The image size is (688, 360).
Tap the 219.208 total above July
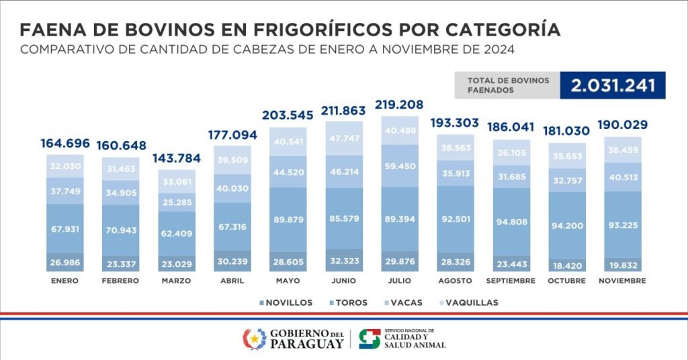click(x=403, y=105)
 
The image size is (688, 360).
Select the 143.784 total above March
click(x=177, y=159)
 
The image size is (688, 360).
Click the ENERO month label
click(x=65, y=281)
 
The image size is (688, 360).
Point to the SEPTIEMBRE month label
click(x=515, y=281)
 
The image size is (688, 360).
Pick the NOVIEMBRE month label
click(x=623, y=281)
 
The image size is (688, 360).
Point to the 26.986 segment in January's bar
click(x=65, y=261)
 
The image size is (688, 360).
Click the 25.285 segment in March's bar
click(x=177, y=201)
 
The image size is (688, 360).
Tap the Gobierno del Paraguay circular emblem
click(x=254, y=339)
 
